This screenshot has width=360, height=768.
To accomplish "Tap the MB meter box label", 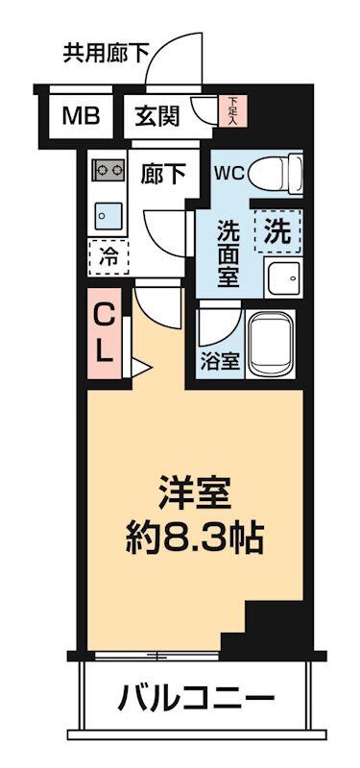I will [81, 117].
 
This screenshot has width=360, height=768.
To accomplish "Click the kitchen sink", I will [106, 214].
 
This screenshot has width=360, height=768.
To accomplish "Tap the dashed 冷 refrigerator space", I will [109, 256].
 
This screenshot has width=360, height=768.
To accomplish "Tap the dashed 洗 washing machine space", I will [276, 230].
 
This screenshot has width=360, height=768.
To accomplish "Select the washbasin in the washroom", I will [283, 277].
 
